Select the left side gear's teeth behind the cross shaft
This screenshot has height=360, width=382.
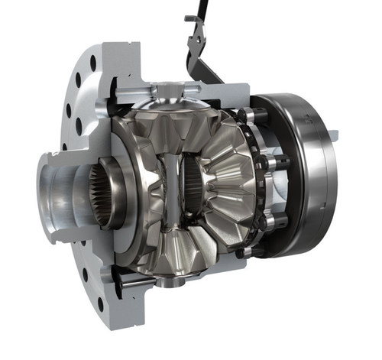pos(153,183)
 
